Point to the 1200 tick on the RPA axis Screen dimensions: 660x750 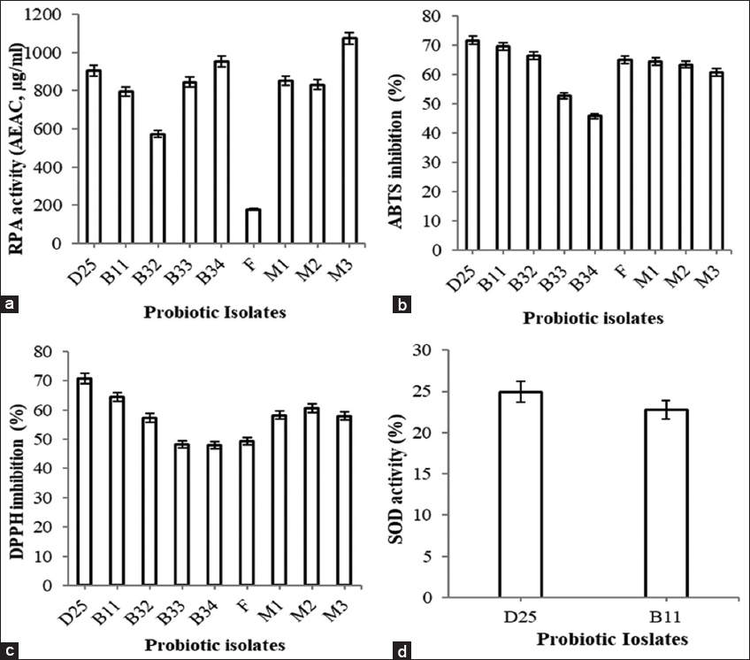(51, 15)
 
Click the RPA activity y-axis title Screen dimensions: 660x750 (16, 129)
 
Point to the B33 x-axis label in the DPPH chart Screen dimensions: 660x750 (180, 609)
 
